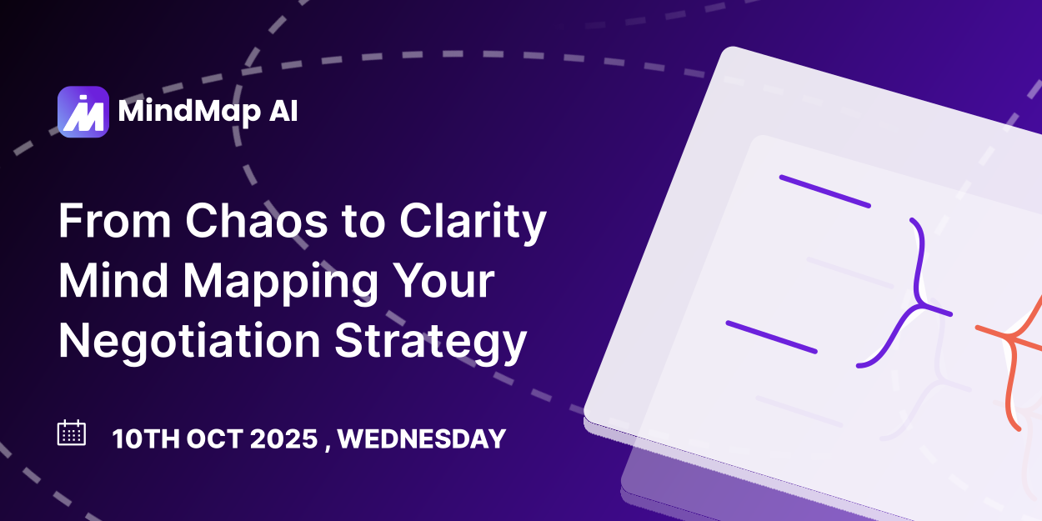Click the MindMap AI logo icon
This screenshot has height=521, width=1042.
(x=83, y=112)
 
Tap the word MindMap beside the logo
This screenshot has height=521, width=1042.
(x=190, y=112)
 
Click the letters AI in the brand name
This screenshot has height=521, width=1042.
(x=283, y=111)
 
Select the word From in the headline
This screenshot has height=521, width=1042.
(x=115, y=221)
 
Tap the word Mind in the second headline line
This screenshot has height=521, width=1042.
(x=113, y=280)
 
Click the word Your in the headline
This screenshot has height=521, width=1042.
(x=443, y=280)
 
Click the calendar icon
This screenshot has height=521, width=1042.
(x=72, y=433)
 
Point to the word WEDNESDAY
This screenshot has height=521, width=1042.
(x=422, y=438)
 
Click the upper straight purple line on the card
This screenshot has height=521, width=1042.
(x=825, y=191)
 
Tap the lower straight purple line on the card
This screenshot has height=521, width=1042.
(x=772, y=338)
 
